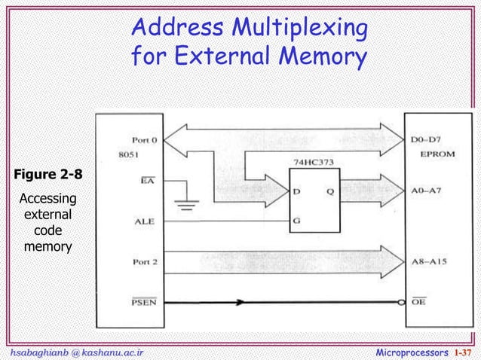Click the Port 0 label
point(146,140)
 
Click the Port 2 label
point(146,262)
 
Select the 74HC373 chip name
point(311,161)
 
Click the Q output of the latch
point(330,191)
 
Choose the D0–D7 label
point(428,140)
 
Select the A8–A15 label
point(430,263)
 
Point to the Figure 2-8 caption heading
point(45,176)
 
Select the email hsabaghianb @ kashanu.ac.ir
point(73,352)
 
